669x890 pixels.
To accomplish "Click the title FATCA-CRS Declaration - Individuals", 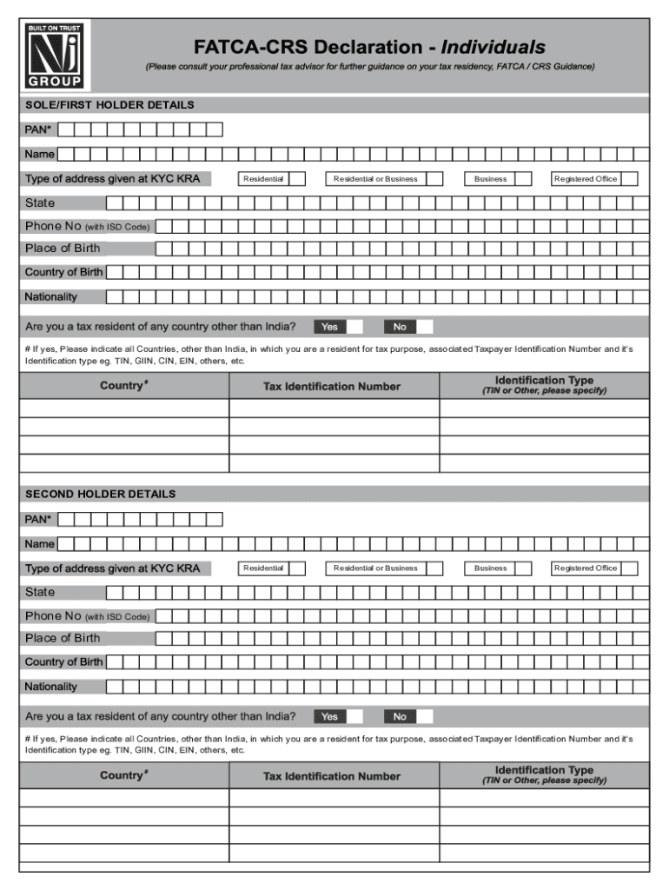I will tap(369, 46).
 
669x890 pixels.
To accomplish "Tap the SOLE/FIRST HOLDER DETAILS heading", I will tap(109, 105).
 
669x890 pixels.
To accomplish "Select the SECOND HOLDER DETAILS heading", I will tap(100, 495).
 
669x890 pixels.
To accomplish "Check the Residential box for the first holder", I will tap(296, 179).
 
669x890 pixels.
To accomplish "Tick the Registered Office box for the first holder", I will tap(629, 179).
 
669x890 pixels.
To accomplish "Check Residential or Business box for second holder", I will tap(434, 568).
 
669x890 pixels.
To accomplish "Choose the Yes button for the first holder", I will tap(329, 327).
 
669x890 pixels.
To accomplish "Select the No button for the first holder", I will tap(400, 327).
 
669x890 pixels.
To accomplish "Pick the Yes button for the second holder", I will tap(329, 717).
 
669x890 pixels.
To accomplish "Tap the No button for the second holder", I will tap(400, 717).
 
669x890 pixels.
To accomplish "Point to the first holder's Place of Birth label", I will tap(63, 249).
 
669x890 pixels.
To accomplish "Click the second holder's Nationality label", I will tap(51, 687).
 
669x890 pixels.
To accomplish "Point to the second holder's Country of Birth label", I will tap(63, 662).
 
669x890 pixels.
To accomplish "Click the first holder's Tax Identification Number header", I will tap(332, 387).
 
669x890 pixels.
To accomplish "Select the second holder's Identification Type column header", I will tap(544, 775).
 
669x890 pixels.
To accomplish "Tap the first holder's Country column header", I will tap(123, 385).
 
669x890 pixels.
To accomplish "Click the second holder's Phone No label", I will tap(87, 616).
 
